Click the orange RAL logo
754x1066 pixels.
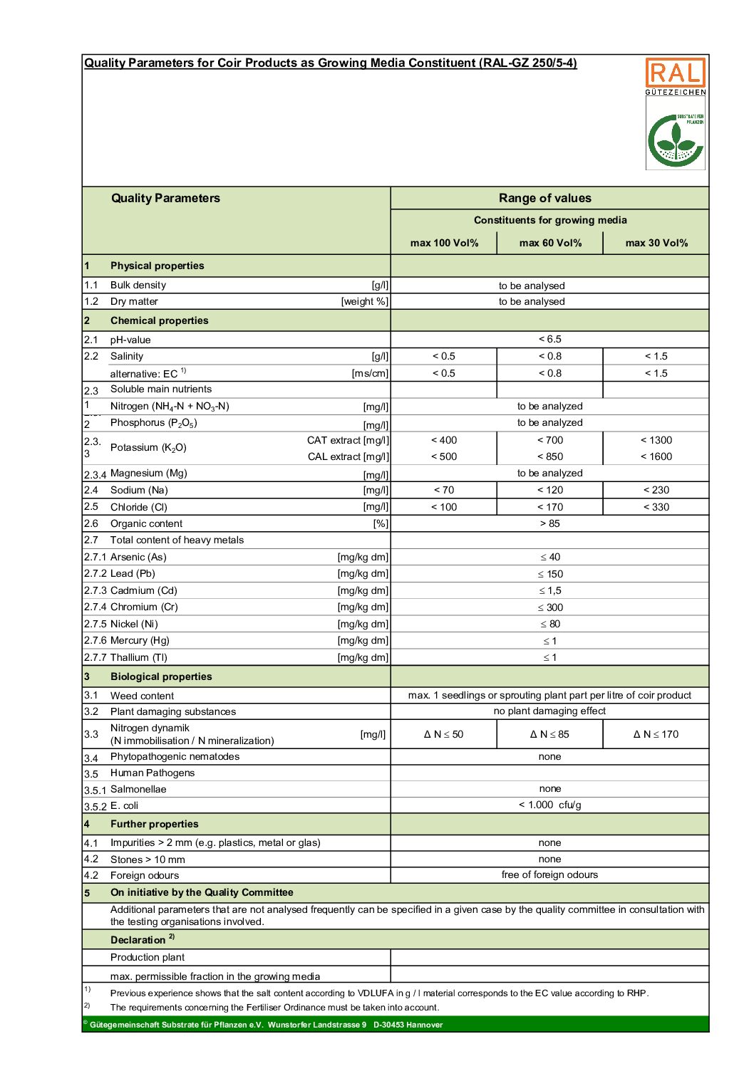(x=675, y=73)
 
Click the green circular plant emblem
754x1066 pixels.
(x=675, y=141)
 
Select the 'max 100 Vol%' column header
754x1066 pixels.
(x=444, y=243)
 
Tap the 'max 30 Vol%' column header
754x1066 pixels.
(x=656, y=243)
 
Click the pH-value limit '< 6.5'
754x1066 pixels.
(x=549, y=339)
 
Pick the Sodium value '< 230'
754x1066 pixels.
(x=656, y=490)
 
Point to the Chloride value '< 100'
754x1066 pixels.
(x=444, y=507)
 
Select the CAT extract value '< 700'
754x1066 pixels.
(x=549, y=440)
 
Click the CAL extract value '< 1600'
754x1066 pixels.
(x=656, y=456)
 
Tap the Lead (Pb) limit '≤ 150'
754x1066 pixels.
(x=549, y=574)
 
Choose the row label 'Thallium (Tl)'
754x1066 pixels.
(x=139, y=657)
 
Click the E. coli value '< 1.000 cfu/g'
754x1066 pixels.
(x=549, y=805)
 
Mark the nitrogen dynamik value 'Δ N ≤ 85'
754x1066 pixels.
(x=549, y=734)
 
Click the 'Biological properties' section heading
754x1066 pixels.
(x=161, y=676)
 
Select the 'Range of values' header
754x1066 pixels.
(x=544, y=198)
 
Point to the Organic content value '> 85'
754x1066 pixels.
(x=549, y=523)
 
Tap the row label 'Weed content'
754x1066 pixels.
(x=142, y=696)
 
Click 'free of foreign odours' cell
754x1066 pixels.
(x=549, y=874)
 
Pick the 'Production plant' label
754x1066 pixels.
(x=148, y=957)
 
